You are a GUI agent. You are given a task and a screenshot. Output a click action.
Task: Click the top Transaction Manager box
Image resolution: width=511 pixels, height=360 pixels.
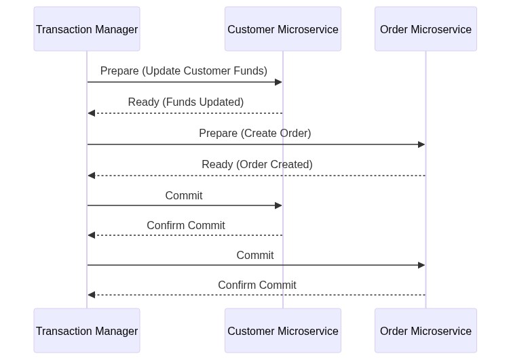pyautogui.click(x=87, y=29)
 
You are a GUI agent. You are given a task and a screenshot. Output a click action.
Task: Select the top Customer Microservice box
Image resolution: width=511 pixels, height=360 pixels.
pyautogui.click(x=283, y=29)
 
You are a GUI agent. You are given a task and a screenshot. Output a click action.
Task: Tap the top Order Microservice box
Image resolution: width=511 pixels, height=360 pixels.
pyautogui.click(x=425, y=29)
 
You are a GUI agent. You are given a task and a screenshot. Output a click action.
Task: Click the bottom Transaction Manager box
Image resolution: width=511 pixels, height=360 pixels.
pyautogui.click(x=87, y=330)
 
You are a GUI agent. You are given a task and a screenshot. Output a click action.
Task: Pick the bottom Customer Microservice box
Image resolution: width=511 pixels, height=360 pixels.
pyautogui.click(x=283, y=330)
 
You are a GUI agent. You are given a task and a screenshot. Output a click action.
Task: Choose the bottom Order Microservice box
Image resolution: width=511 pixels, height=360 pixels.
pyautogui.click(x=425, y=330)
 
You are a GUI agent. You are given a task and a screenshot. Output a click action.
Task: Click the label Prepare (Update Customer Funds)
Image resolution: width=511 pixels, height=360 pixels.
pyautogui.click(x=184, y=71)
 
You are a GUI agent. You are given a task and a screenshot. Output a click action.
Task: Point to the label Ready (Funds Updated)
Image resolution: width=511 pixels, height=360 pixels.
pyautogui.click(x=186, y=102)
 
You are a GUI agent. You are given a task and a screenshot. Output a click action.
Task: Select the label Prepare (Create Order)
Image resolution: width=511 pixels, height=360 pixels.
pyautogui.click(x=255, y=134)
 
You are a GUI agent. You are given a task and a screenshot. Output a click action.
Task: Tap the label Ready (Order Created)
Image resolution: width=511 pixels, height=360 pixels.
pyautogui.click(x=257, y=165)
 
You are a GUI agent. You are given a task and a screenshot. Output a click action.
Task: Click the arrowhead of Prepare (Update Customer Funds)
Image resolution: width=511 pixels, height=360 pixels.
pyautogui.click(x=278, y=82)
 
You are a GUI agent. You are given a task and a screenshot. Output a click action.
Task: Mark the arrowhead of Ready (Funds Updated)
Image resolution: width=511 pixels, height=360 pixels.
pyautogui.click(x=91, y=113)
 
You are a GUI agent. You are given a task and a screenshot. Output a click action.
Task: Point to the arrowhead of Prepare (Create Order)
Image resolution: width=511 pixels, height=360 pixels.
pyautogui.click(x=421, y=144)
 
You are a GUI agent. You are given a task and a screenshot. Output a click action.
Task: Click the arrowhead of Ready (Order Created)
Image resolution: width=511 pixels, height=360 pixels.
pyautogui.click(x=91, y=176)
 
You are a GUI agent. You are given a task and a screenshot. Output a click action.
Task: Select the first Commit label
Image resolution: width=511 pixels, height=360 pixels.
pyautogui.click(x=184, y=196)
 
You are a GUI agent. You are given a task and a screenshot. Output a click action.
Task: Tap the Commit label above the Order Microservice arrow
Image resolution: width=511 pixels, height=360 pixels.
pyautogui.click(x=255, y=255)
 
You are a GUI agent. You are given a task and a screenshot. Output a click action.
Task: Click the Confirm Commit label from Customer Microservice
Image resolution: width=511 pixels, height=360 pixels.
pyautogui.click(x=186, y=225)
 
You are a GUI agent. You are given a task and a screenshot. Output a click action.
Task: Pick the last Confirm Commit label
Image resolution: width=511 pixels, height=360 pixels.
pyautogui.click(x=257, y=285)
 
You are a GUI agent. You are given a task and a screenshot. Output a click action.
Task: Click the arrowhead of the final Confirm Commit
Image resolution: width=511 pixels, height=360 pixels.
pyautogui.click(x=91, y=295)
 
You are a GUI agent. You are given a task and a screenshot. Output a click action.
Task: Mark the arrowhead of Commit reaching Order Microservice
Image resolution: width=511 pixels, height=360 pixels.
pyautogui.click(x=421, y=265)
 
